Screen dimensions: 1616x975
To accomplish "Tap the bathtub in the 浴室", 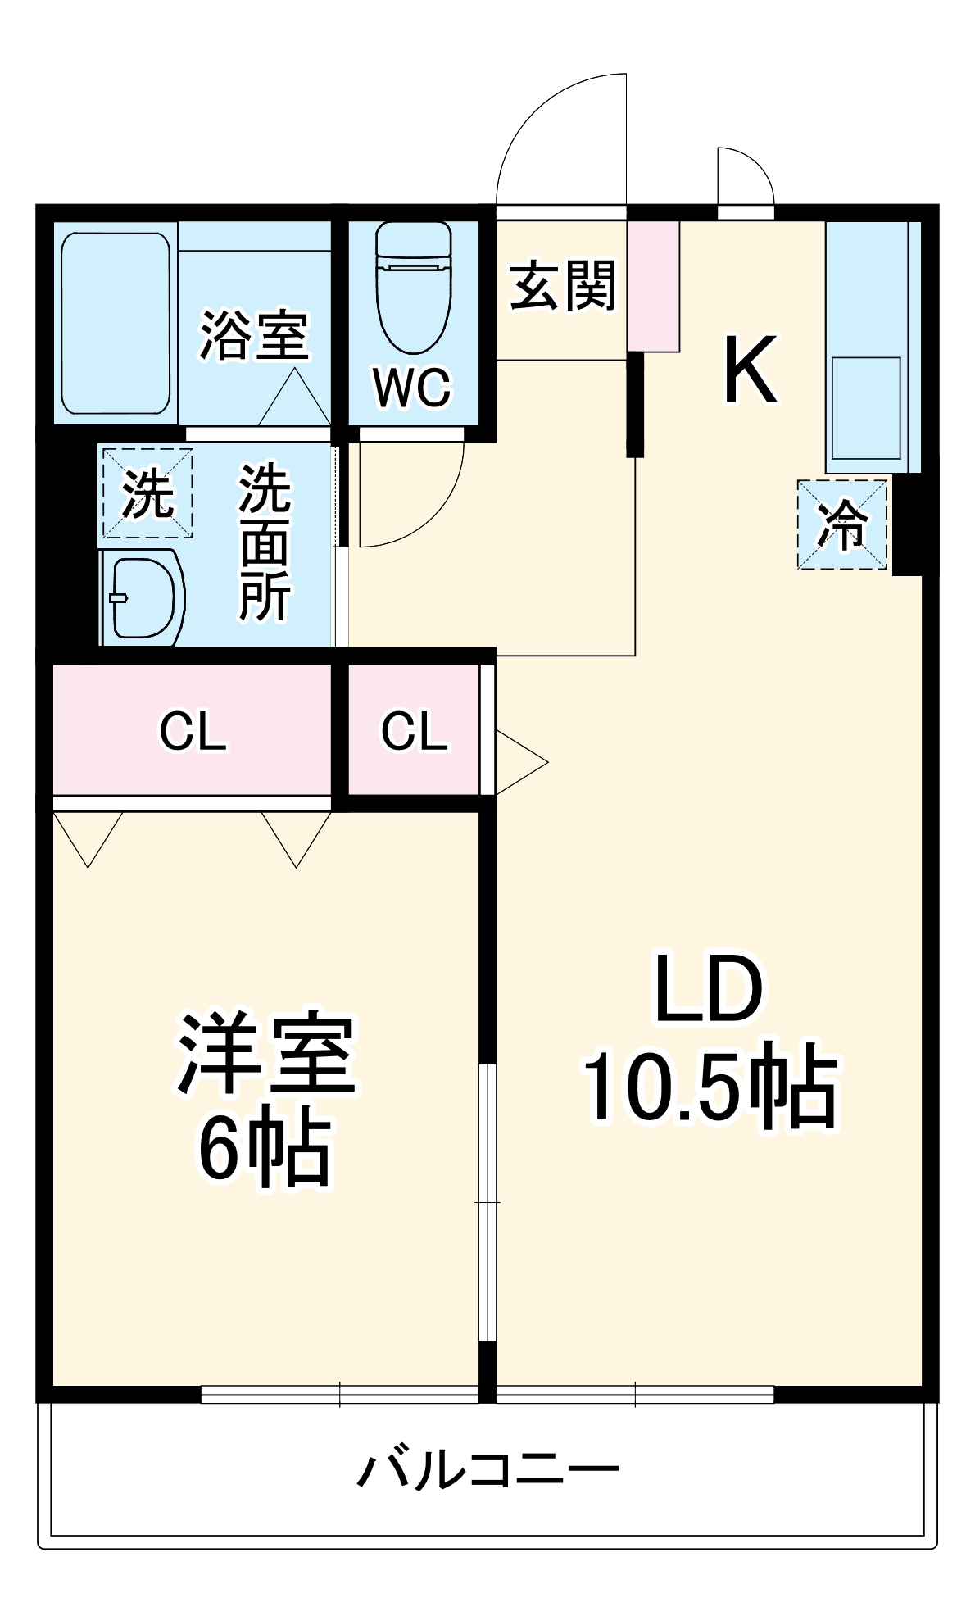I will [116, 324].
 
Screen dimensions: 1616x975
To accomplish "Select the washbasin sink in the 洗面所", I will [141, 597].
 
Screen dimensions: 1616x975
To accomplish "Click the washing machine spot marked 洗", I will [147, 493].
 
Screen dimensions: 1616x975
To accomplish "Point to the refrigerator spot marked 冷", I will [842, 524].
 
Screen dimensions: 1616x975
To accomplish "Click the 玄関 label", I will [562, 286].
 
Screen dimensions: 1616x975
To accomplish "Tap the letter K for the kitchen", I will [750, 370].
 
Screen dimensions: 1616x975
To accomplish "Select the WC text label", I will [412, 387].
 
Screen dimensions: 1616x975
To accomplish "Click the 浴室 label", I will [254, 335].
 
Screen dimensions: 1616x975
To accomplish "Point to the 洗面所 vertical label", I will [264, 542].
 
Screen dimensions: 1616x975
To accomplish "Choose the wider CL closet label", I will [193, 731].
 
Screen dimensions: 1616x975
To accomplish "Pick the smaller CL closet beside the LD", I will [415, 731].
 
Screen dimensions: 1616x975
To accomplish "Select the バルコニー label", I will [488, 1468].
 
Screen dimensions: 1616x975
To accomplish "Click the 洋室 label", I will [266, 1054].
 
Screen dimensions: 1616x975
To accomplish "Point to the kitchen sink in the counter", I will [866, 407].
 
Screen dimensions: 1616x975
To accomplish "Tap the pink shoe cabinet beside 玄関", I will [653, 286].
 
